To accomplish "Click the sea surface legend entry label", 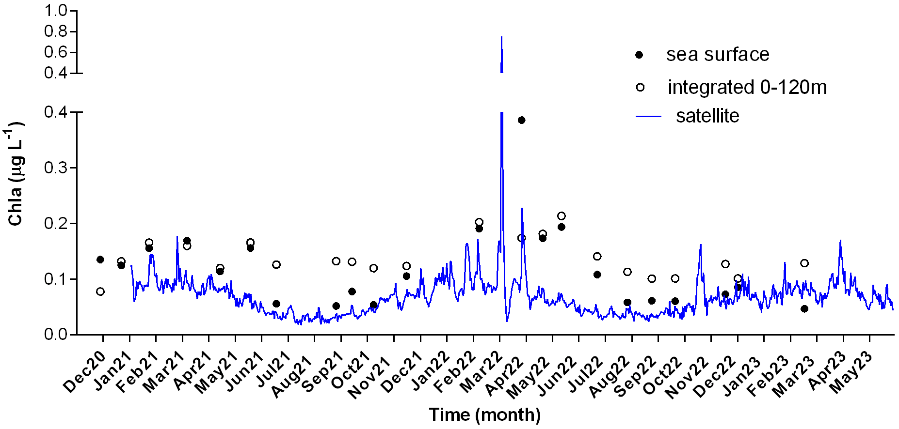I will (717, 55).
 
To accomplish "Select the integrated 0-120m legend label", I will (747, 87).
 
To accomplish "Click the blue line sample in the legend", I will (648, 117).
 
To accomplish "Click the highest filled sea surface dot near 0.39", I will (521, 120).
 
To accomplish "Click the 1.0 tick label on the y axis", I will (56, 11).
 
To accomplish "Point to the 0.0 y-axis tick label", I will (56, 335).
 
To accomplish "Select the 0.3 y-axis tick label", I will (56, 168).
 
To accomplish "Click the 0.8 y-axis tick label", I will (56, 31).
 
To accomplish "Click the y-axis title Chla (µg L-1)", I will (16, 174).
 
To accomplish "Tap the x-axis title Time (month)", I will (484, 415).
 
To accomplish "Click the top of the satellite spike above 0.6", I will (501, 38).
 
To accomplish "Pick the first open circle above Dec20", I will (100, 291).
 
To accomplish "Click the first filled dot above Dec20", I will (100, 260).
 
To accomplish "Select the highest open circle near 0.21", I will (562, 216).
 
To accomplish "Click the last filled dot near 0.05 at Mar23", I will (804, 309).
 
